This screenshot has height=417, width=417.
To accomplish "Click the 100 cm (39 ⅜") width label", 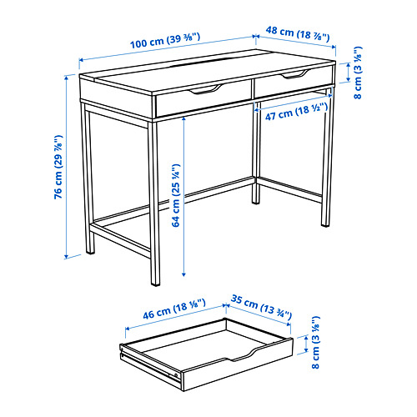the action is pos(165,41).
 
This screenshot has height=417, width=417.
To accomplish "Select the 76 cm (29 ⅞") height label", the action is pos(58,167).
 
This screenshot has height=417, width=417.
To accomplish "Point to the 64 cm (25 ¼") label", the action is pos(176,195).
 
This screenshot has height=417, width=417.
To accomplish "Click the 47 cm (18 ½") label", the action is pos(296,112).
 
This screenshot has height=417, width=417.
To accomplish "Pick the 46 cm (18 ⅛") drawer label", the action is pos(174,309).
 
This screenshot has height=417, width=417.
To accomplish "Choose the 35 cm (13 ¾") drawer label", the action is pos(261,307).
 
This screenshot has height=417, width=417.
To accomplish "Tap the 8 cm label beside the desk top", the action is pos(358,73).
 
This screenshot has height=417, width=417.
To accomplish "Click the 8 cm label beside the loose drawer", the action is pos(315,342).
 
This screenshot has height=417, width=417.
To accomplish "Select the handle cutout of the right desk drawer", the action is pos(295,74).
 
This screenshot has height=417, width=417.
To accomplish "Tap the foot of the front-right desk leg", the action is pos(155,284).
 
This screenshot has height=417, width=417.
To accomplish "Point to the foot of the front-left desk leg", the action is pos(90,252).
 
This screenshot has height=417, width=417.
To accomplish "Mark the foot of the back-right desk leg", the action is pos(325,224).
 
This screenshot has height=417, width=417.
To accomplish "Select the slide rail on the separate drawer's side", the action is pos(150,362).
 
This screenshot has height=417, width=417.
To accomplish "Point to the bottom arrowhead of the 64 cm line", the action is pos(183,274).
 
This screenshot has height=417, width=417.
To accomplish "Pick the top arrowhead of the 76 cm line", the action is pos(66,78).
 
